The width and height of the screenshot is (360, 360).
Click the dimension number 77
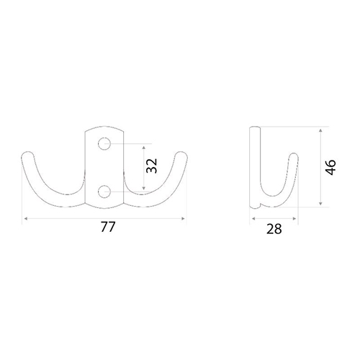108,227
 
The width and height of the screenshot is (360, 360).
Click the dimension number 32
152,166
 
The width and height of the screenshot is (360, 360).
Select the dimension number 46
330,167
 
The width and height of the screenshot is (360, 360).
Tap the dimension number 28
274,229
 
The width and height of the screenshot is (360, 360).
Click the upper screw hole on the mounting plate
104,144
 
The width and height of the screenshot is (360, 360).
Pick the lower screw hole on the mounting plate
104,192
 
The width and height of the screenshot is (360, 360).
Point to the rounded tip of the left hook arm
28,154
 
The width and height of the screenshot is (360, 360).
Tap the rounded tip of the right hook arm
181,154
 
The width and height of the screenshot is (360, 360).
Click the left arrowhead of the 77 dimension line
26,218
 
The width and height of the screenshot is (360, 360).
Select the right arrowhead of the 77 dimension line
183,218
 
